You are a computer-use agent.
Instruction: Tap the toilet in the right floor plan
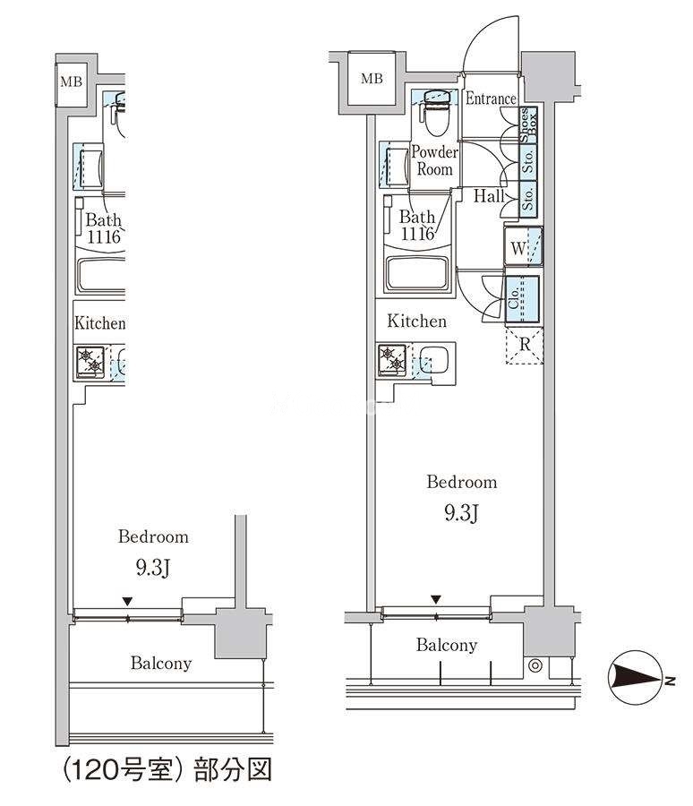435,112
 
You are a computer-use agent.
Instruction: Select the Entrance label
491,99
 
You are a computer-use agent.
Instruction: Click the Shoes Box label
528,124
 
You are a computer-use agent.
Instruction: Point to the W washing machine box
523,247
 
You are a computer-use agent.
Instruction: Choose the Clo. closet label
514,298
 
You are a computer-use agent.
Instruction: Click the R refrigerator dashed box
525,345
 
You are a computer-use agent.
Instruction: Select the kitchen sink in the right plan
434,359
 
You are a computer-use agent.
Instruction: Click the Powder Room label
434,160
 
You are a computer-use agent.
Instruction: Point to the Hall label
489,196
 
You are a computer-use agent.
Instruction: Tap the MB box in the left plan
72,81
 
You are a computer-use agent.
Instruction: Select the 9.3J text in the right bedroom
462,513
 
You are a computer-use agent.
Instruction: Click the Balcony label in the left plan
161,663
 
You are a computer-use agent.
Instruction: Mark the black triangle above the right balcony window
436,599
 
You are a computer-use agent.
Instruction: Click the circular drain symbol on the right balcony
535,665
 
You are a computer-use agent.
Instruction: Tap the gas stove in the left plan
90,363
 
